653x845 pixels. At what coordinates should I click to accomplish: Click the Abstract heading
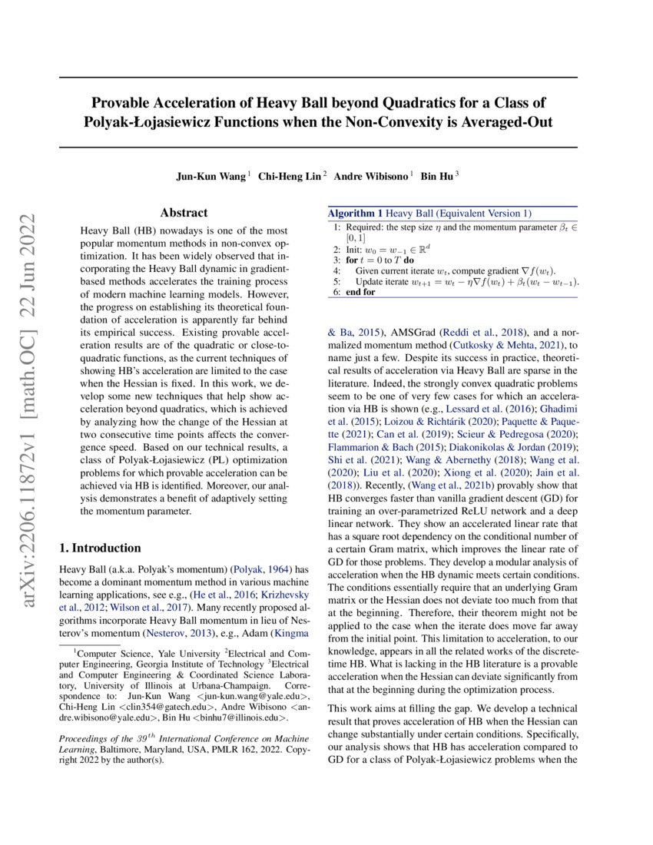point(184,213)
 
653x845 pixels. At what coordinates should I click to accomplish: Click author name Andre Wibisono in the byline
point(373,176)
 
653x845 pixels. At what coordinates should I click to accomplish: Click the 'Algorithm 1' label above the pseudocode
point(355,213)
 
